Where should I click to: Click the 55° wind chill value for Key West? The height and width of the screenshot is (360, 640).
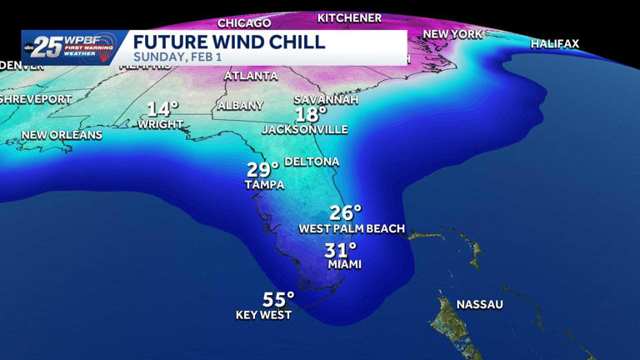[x=278, y=299]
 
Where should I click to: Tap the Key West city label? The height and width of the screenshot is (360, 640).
[x=263, y=315]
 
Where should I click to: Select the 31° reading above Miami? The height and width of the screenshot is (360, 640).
[x=340, y=250]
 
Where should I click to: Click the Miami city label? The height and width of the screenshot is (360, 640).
[x=344, y=264]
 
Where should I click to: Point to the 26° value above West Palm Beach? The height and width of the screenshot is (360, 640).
[x=345, y=213]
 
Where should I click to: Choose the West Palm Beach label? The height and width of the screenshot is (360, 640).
[x=352, y=228]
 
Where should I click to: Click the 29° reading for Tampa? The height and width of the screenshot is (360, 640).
[x=262, y=170]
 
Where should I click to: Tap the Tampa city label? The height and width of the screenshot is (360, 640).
[x=264, y=184]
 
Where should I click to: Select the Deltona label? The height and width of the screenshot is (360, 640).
[x=312, y=162]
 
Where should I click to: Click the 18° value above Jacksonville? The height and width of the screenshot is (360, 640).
[x=310, y=115]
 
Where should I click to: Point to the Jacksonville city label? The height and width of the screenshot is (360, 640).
[x=304, y=129]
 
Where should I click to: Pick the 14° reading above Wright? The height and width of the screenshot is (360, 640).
[x=162, y=109]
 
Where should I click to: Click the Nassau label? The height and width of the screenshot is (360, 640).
[x=479, y=304]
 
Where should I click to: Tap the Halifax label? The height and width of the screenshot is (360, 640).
[x=554, y=43]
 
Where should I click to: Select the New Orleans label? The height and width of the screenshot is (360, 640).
[x=62, y=135]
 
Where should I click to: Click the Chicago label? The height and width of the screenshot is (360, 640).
[x=244, y=22]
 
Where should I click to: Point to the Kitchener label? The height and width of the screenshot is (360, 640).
[x=349, y=17]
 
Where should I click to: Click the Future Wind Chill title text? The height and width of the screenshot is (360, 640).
[x=229, y=42]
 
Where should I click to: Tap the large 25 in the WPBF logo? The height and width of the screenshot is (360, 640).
[x=48, y=47]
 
